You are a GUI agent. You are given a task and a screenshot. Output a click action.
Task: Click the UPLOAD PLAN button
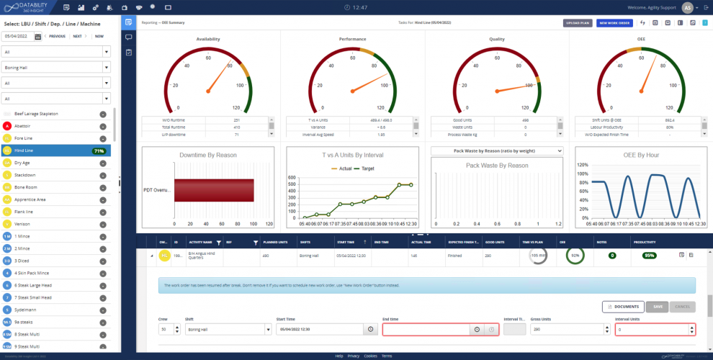tap(578, 23)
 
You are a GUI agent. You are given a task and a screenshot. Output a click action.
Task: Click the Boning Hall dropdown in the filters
tap(56, 67)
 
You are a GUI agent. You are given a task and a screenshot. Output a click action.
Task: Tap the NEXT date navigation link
tap(76, 36)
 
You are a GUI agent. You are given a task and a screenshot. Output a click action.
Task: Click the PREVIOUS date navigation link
tap(57, 36)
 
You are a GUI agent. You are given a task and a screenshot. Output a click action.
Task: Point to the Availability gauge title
tap(208, 39)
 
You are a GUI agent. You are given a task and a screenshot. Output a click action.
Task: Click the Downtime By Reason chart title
tap(208, 155)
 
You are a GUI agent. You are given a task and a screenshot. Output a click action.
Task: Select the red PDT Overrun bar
tap(213, 190)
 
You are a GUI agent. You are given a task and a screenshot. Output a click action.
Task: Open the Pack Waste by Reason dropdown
tap(496, 150)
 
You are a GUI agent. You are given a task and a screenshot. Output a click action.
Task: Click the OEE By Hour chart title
tap(640, 155)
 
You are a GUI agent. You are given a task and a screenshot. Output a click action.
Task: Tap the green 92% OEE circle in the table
tap(575, 256)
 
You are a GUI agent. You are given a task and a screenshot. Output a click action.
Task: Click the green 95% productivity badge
tap(650, 256)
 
